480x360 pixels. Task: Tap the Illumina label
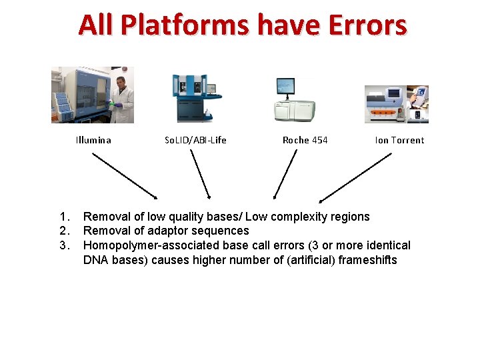coord(93,140)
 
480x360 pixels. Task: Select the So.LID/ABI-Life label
coord(195,140)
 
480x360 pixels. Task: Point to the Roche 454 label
coord(305,140)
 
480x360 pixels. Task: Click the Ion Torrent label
coord(399,140)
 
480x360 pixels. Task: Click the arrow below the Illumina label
coord(125,176)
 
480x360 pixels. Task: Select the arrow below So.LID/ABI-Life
coord(200,174)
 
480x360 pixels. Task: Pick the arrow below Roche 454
coord(285,174)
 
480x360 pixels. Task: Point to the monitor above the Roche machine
coord(285,87)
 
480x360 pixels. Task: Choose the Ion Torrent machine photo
coord(396,104)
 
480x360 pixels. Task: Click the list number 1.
coord(63,217)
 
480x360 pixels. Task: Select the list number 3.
coord(63,245)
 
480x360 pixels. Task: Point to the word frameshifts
coord(367,259)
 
